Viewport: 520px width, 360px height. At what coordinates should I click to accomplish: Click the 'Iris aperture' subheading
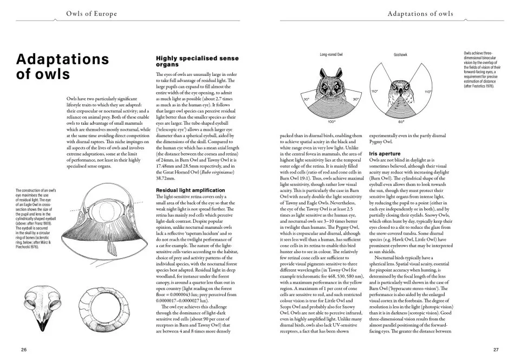tap(385, 154)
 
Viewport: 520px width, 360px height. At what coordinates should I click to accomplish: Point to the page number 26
tap(24, 350)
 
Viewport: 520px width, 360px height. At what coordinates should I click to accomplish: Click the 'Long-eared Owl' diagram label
tap(331, 55)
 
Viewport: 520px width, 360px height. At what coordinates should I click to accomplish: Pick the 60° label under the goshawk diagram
tap(401, 122)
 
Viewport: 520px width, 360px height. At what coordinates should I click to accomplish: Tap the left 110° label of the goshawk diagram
tap(374, 92)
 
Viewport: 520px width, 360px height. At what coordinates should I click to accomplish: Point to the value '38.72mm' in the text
tap(168, 178)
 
